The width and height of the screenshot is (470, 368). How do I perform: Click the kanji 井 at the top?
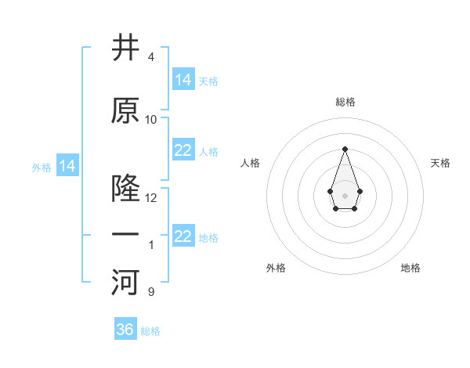click(x=126, y=49)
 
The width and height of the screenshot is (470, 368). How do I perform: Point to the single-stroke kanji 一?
click(x=126, y=236)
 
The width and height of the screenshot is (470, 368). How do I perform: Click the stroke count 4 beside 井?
click(x=150, y=57)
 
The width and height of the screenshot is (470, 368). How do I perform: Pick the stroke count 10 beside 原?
click(x=151, y=120)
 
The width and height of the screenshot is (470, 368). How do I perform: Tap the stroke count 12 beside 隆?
click(x=151, y=198)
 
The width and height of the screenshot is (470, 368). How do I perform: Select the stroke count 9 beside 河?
click(x=150, y=292)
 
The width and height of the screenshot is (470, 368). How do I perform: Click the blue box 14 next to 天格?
click(x=183, y=79)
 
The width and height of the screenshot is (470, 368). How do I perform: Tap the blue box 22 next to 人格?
click(x=183, y=150)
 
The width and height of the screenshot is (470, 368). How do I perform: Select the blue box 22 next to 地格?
click(x=183, y=236)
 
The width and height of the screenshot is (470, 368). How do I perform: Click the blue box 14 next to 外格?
click(x=67, y=166)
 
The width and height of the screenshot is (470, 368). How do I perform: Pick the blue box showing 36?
click(x=125, y=330)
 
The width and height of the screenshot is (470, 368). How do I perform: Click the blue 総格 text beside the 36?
click(x=150, y=331)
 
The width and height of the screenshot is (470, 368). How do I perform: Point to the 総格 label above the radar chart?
click(x=345, y=102)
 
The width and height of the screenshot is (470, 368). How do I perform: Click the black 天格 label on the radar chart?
click(x=440, y=163)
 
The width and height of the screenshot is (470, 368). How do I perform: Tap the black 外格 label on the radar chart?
click(x=276, y=268)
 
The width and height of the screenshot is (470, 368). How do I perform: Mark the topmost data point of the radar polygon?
click(x=345, y=149)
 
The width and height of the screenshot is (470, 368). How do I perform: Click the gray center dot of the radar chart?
click(x=345, y=195)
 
